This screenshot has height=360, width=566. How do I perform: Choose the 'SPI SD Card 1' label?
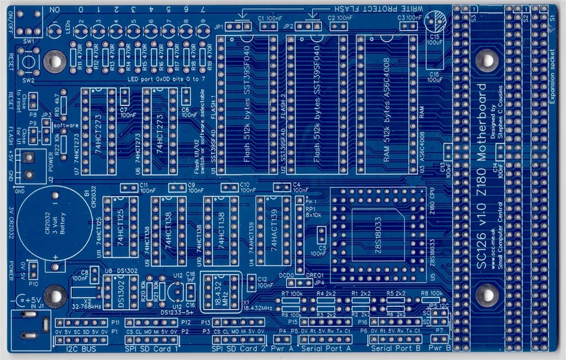coord(153,349)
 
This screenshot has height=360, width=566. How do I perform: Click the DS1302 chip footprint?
coord(117,292)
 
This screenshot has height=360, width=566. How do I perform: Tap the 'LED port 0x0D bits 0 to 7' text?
coord(166,78)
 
